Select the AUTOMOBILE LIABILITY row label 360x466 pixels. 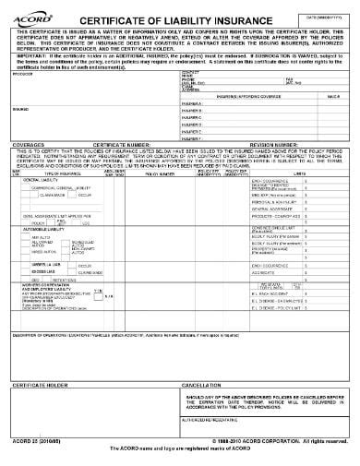tap(46, 229)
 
